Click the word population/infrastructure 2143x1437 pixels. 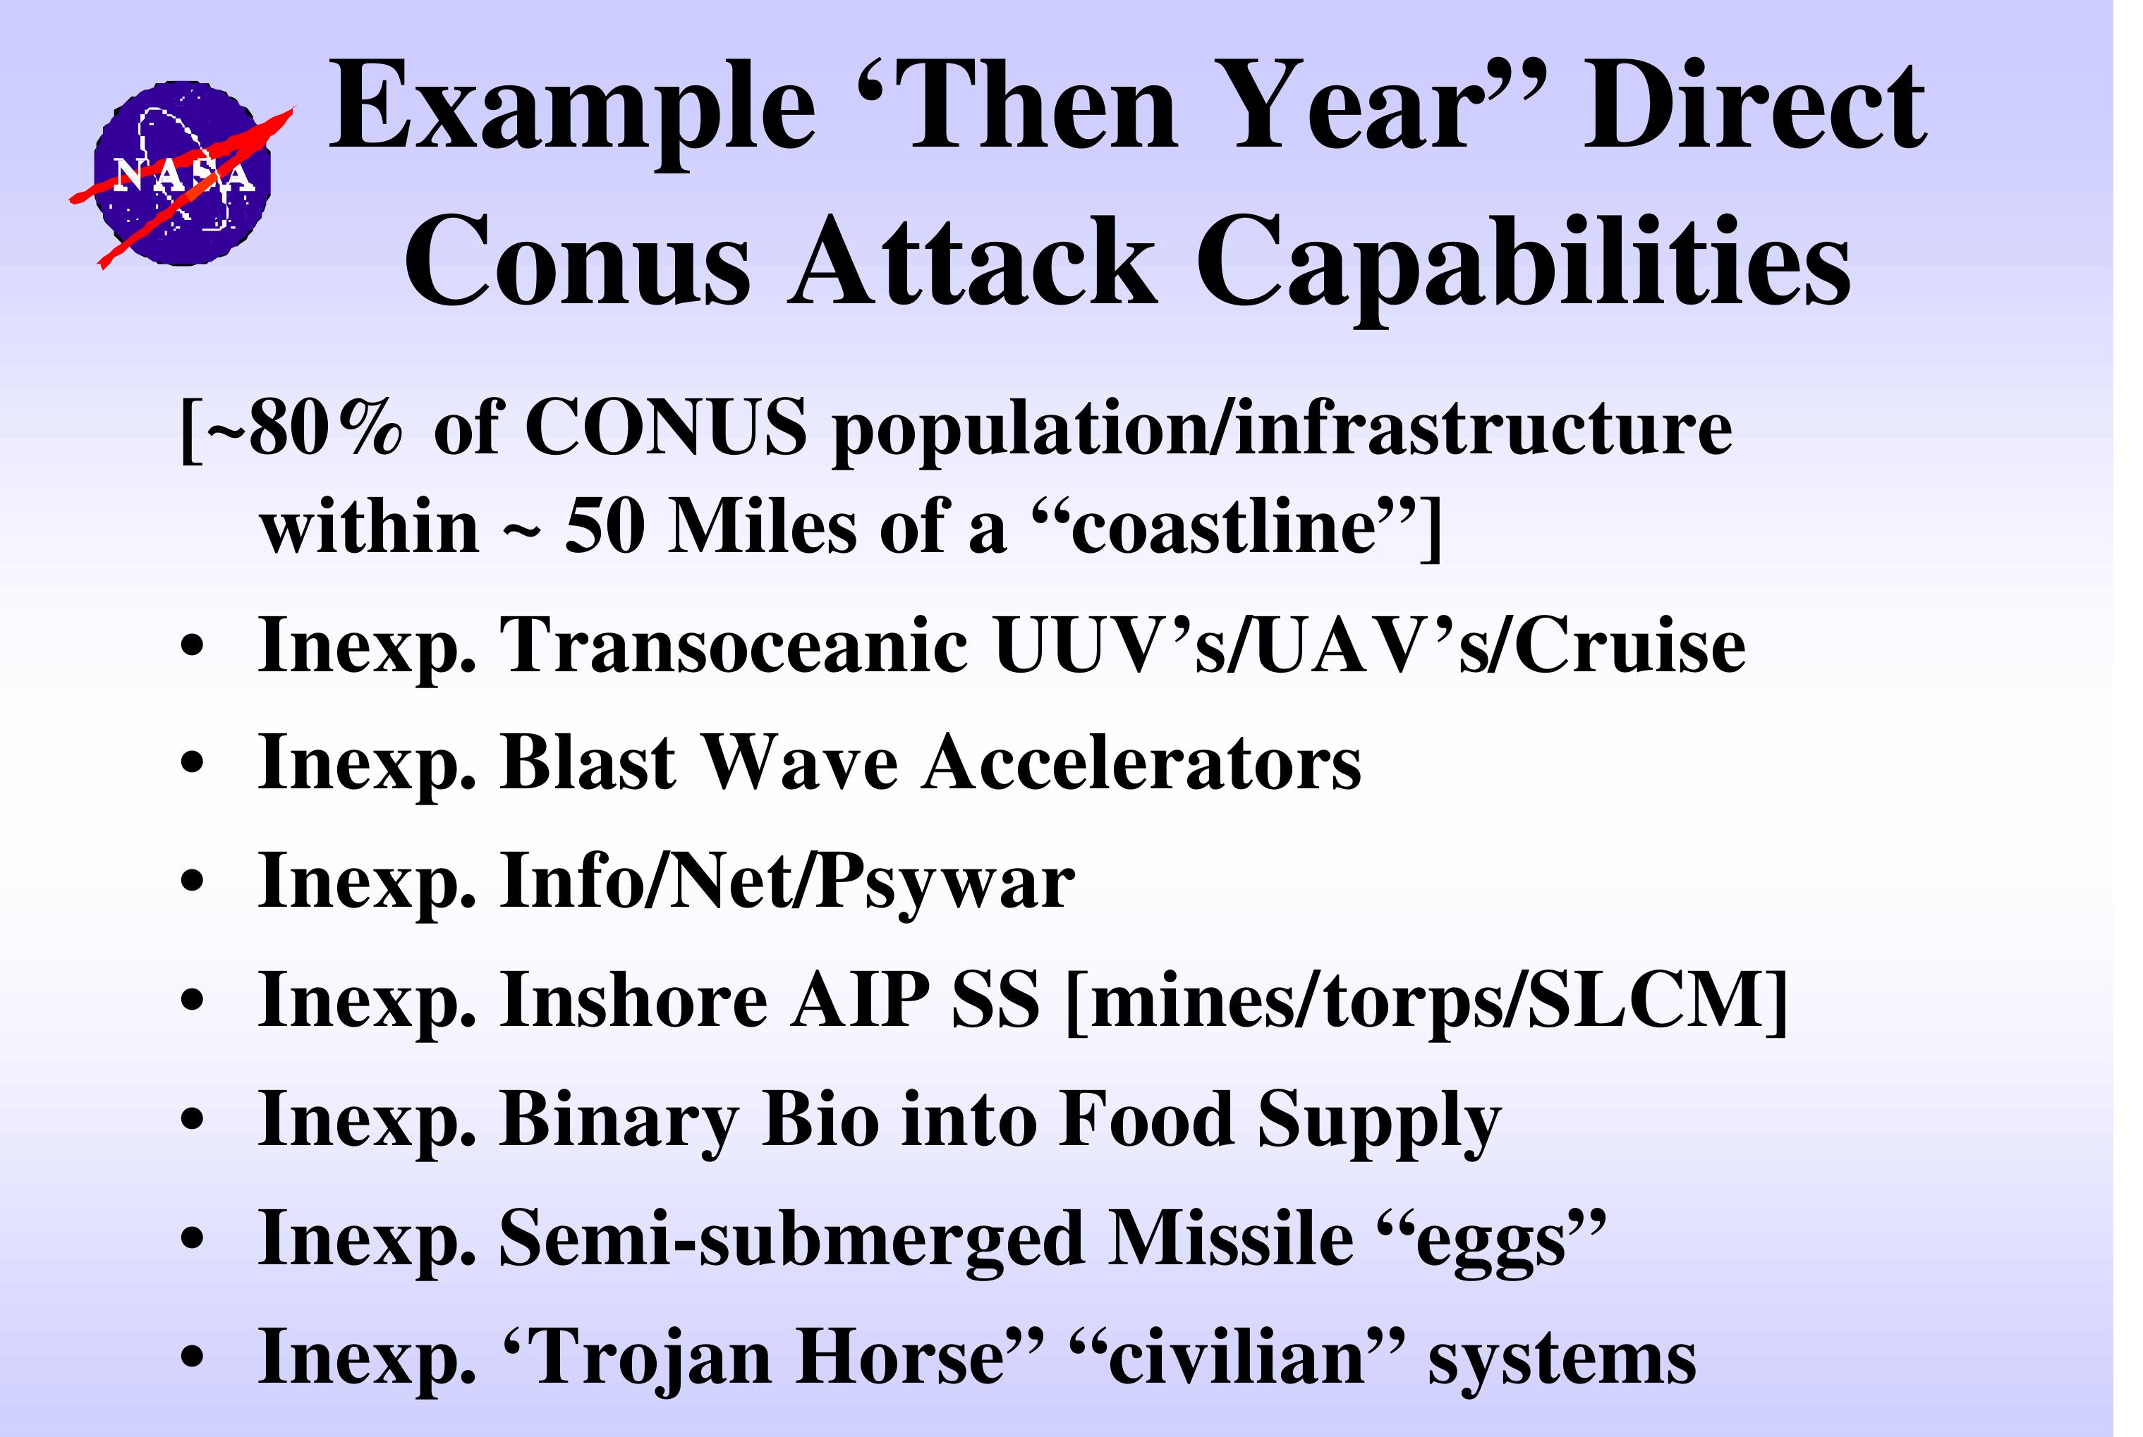point(1282,431)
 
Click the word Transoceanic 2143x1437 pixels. point(734,645)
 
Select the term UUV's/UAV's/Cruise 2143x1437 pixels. point(1369,645)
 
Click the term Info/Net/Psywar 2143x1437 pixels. point(787,883)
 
